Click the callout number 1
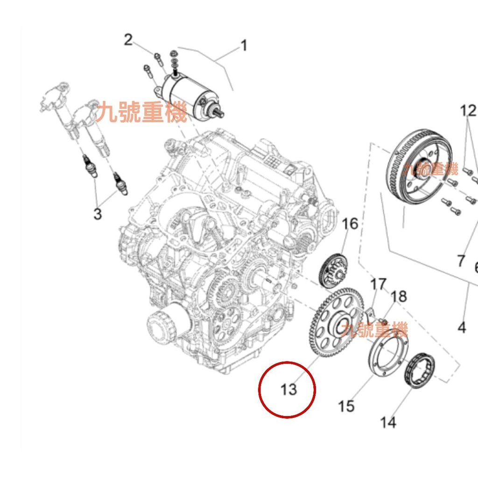click(x=244, y=46)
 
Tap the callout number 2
click(x=128, y=40)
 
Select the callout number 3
click(x=98, y=213)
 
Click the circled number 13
click(x=288, y=389)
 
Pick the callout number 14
click(x=388, y=422)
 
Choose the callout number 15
click(x=346, y=406)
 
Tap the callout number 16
click(x=350, y=224)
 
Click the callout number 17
click(x=378, y=284)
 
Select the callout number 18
click(x=399, y=296)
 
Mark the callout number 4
click(x=462, y=327)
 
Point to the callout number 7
click(x=461, y=261)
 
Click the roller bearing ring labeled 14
click(x=420, y=370)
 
